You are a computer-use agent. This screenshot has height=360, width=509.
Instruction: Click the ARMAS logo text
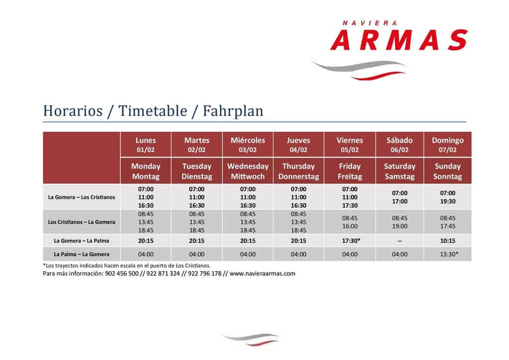tap(399, 40)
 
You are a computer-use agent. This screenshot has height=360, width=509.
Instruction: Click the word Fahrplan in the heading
tap(233, 111)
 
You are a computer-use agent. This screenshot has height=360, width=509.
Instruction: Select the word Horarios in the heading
tap(73, 111)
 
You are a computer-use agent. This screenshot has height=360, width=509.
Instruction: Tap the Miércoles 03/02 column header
tap(248, 145)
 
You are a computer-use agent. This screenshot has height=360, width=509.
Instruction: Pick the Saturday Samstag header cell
tap(400, 171)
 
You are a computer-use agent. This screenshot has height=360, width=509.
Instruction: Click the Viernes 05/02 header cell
tap(349, 145)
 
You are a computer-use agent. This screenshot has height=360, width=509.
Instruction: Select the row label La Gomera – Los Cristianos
tap(82, 197)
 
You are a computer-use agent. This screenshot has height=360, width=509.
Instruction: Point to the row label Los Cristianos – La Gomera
tap(82, 222)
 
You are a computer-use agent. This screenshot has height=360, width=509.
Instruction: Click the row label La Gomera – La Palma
tap(82, 241)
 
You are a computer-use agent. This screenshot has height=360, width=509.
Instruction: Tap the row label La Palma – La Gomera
tap(82, 254)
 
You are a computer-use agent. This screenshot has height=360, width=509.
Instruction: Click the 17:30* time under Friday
tap(351, 241)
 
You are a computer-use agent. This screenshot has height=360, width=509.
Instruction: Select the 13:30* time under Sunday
tap(449, 254)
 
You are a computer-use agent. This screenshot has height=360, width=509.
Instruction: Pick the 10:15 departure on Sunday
tap(448, 241)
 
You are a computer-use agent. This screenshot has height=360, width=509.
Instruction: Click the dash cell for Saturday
tap(400, 241)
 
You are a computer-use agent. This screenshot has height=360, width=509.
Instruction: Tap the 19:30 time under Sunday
tap(448, 201)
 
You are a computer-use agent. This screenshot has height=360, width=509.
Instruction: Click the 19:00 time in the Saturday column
tap(400, 226)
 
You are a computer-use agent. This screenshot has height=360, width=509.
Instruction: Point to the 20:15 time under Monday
tap(146, 241)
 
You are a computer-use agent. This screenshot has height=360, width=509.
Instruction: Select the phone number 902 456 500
tap(122, 273)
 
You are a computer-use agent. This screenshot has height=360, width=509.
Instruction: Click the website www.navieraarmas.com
tap(262, 273)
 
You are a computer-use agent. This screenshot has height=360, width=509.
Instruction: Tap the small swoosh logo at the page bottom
tap(251, 339)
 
